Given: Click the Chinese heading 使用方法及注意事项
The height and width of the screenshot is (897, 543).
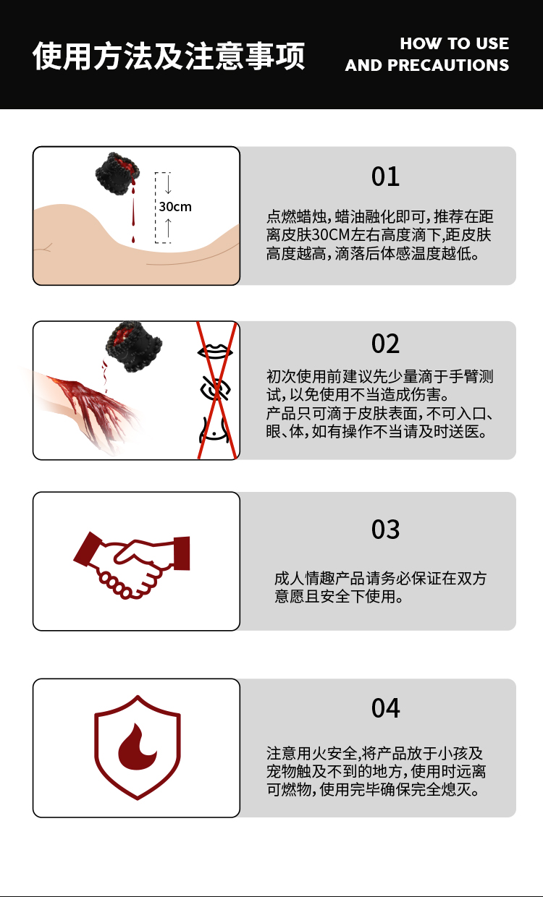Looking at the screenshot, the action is [x=169, y=56].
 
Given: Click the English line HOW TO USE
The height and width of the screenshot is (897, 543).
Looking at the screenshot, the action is [x=455, y=43].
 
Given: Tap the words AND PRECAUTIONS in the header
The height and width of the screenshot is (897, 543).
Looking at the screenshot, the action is [x=426, y=65].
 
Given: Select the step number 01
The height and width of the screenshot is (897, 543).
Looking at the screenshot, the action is [x=385, y=177].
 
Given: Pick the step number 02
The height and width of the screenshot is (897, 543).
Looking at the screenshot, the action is [x=385, y=344].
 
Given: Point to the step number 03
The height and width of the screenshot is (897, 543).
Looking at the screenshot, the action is [x=385, y=530].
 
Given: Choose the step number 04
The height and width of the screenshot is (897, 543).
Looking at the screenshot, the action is [x=385, y=708].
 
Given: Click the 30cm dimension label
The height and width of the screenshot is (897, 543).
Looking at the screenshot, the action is [x=175, y=207].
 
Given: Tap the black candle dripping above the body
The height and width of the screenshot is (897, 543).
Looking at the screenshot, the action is [x=117, y=174].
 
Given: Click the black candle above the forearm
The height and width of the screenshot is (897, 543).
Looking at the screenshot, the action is [x=134, y=347].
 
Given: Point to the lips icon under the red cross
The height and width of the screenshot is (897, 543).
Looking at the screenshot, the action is [x=215, y=351].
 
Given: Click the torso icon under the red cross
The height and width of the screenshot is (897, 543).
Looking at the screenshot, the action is [x=214, y=429].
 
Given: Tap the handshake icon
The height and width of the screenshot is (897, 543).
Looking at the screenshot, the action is [x=132, y=565].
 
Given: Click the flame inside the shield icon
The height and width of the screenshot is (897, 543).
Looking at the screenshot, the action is [x=137, y=747].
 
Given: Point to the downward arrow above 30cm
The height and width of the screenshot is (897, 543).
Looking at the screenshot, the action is [x=168, y=183].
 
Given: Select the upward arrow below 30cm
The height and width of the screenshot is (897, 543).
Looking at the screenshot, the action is [x=168, y=229].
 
